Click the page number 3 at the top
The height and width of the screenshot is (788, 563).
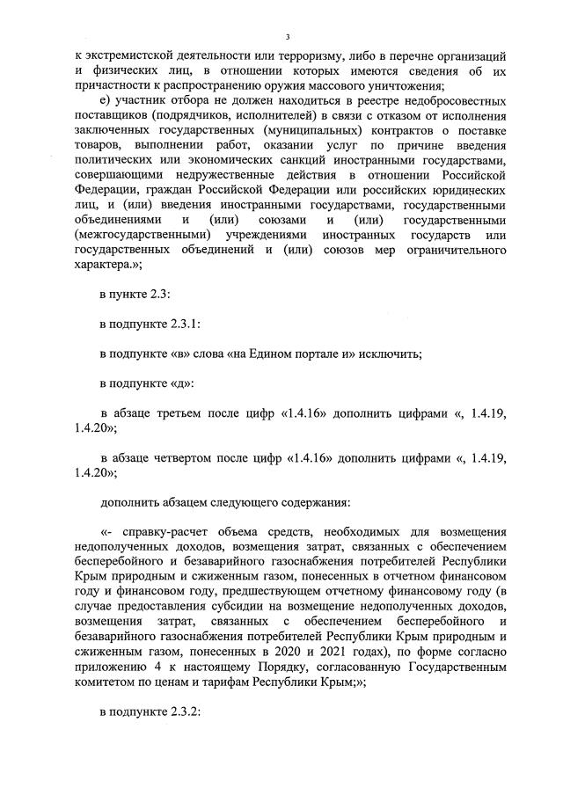click(288, 35)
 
